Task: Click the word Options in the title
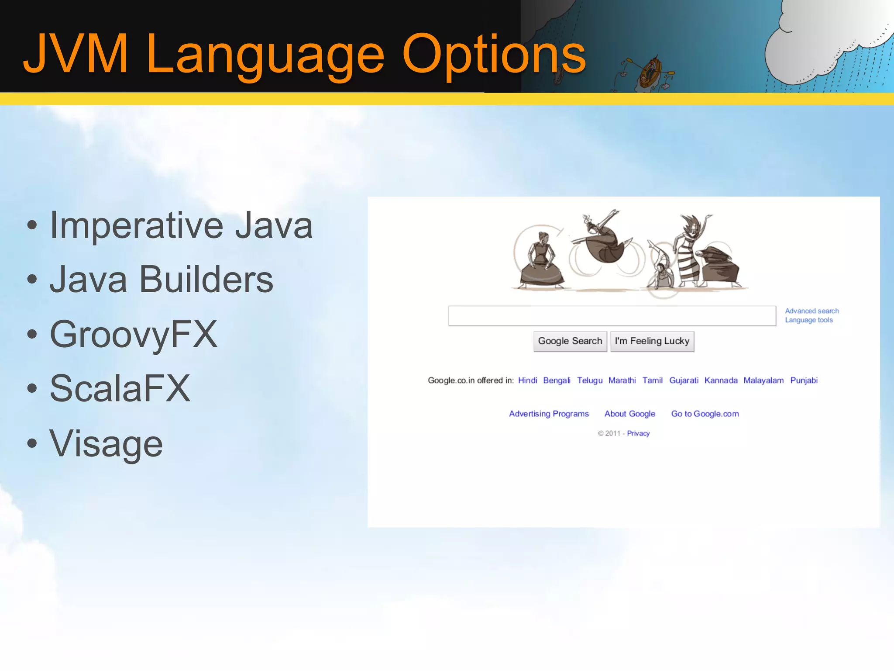pyautogui.click(x=493, y=55)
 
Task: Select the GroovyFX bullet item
pyautogui.click(x=133, y=334)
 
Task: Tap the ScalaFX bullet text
pyautogui.click(x=120, y=388)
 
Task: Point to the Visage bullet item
pyautogui.click(x=106, y=443)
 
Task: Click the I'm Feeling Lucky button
pyautogui.click(x=652, y=341)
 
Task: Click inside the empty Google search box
pyautogui.click(x=612, y=316)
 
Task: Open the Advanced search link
pyautogui.click(x=811, y=311)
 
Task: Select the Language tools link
pyautogui.click(x=808, y=320)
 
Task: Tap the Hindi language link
pyautogui.click(x=527, y=380)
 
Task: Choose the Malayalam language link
pyautogui.click(x=763, y=380)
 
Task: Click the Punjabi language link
pyautogui.click(x=804, y=380)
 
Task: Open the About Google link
pyautogui.click(x=629, y=414)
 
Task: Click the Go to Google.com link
pyautogui.click(x=705, y=414)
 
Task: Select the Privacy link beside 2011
pyautogui.click(x=638, y=433)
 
